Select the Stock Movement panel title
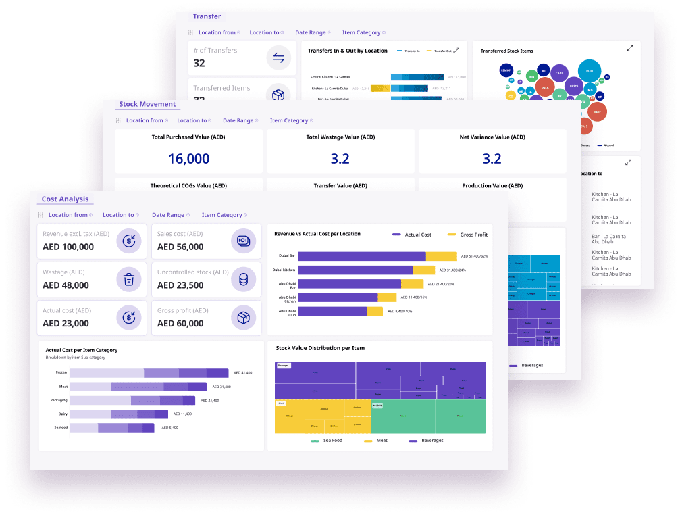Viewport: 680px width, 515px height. point(147,104)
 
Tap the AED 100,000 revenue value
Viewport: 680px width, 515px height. point(68,247)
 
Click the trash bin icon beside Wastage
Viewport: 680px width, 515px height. point(128,278)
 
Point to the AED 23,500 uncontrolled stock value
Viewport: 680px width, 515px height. point(180,285)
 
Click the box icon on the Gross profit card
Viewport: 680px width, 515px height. point(243,317)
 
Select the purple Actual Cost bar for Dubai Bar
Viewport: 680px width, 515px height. point(361,256)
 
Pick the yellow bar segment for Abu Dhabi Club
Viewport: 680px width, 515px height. point(375,311)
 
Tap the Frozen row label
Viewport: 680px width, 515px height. point(61,372)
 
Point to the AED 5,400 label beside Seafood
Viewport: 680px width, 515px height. point(170,428)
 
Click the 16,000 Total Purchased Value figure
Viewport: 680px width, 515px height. point(188,159)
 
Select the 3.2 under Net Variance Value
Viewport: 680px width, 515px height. point(492,159)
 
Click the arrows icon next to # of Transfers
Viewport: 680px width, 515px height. point(278,57)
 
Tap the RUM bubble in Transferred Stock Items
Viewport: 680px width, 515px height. point(589,70)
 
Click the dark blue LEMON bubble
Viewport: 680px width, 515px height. point(506,70)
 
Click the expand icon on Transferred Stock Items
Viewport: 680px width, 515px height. point(629,49)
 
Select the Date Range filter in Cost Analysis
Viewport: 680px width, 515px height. point(168,215)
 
